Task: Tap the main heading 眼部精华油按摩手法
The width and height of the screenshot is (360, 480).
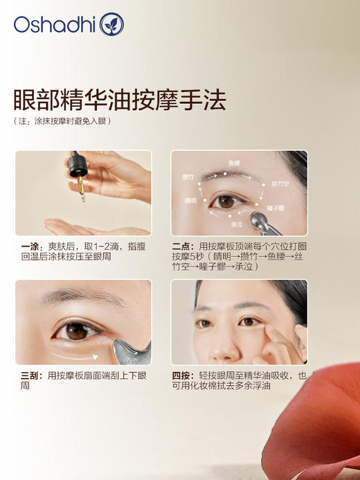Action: pyautogui.click(x=120, y=99)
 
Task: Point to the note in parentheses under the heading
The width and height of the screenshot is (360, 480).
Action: pyautogui.click(x=62, y=121)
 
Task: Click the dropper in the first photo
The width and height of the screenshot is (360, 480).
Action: pyautogui.click(x=78, y=176)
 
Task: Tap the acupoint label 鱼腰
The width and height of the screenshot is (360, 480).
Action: pyautogui.click(x=234, y=163)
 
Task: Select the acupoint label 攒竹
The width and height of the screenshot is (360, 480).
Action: pyautogui.click(x=188, y=177)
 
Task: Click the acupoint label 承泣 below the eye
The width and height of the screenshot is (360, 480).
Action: pyautogui.click(x=237, y=224)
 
